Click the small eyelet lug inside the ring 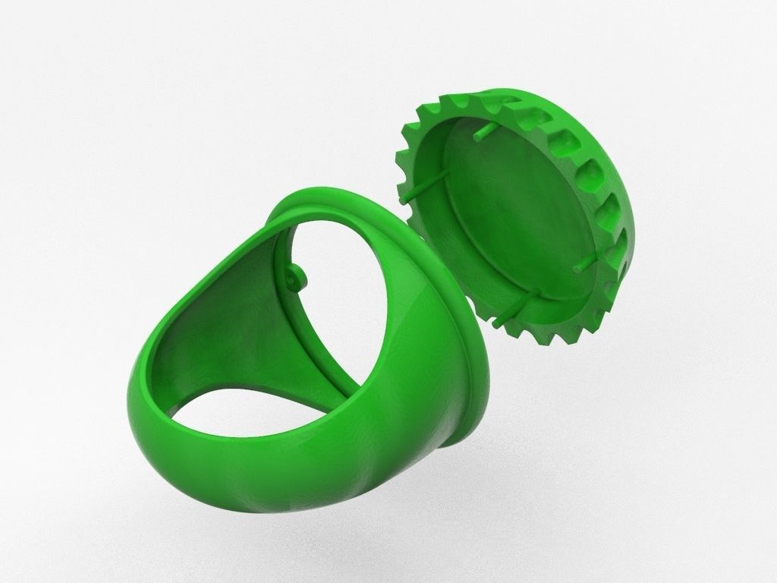click(297, 275)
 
